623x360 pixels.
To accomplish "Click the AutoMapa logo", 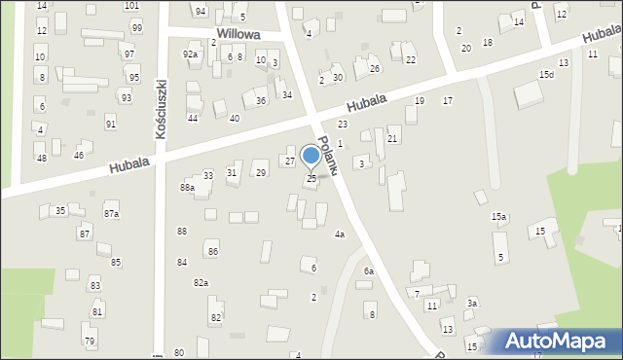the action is (561, 341).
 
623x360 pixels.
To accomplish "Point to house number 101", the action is (131, 6).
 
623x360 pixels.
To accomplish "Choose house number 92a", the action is (190, 54).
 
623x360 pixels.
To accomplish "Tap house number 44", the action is (193, 118).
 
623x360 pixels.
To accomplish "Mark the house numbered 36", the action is (260, 101).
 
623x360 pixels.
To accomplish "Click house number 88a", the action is (187, 187).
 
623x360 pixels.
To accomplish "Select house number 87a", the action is (112, 213).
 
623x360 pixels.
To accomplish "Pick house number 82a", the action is (201, 282).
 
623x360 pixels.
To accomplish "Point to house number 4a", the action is (340, 234).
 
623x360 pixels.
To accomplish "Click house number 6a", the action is (369, 270).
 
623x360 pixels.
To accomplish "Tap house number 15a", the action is (498, 216).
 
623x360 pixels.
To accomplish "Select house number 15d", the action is (547, 75).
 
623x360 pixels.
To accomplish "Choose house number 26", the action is (374, 69).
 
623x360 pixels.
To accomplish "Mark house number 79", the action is (90, 341).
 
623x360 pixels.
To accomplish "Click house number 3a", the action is (472, 304).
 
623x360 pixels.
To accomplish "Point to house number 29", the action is (261, 173).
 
